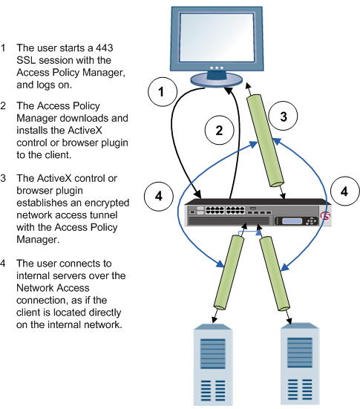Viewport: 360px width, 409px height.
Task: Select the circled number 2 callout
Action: click(218, 130)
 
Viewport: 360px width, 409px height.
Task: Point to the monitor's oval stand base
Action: click(214, 78)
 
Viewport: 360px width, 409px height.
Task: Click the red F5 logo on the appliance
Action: click(324, 217)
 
